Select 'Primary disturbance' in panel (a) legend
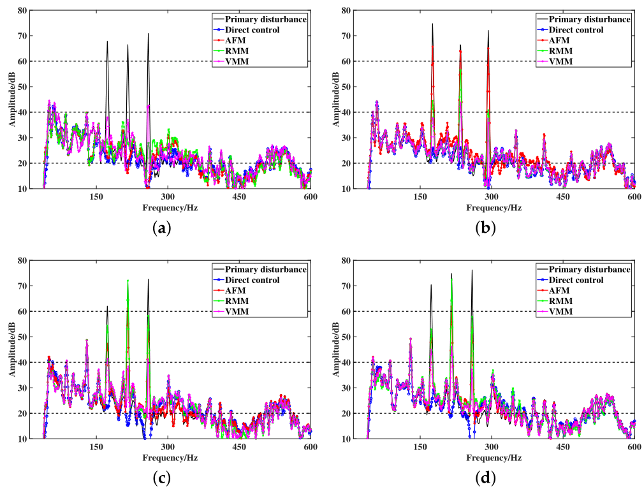pos(266,18)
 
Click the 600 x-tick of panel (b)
pos(634,198)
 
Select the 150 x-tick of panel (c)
pos(96,448)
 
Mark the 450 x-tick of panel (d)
pos(563,448)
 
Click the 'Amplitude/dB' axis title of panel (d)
pos(336,349)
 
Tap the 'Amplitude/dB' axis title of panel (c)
pos(12,349)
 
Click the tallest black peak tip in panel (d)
pos(472,270)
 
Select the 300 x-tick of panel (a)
pos(168,198)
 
